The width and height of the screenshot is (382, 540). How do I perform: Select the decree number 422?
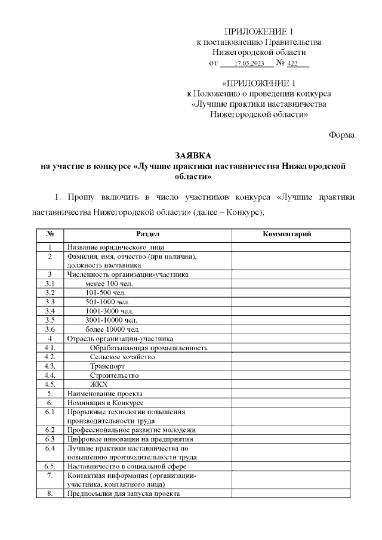pyautogui.click(x=293, y=63)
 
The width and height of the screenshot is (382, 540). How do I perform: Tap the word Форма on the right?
pyautogui.click(x=342, y=135)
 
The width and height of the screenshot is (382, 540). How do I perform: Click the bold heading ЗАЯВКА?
pyautogui.click(x=190, y=155)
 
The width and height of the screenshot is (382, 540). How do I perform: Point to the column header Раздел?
pyautogui.click(x=147, y=234)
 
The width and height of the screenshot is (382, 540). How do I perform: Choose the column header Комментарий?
pyautogui.click(x=288, y=234)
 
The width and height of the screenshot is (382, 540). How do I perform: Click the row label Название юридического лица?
pyautogui.click(x=115, y=247)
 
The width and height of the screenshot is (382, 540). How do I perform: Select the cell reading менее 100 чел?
pyautogui.click(x=109, y=283)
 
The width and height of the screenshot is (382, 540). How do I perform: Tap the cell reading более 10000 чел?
pyautogui.click(x=113, y=329)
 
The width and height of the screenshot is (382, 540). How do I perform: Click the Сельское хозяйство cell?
pyautogui.click(x=122, y=357)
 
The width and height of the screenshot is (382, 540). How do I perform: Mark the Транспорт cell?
pyautogui.click(x=107, y=366)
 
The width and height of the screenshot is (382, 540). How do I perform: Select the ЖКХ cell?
pyautogui.click(x=98, y=384)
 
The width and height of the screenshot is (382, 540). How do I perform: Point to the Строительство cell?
pyautogui.click(x=114, y=375)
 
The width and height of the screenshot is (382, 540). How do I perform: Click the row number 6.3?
pyautogui.click(x=51, y=439)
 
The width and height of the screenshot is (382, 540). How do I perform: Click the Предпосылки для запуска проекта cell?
pyautogui.click(x=124, y=493)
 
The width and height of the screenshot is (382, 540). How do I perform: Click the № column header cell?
pyautogui.click(x=51, y=234)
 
